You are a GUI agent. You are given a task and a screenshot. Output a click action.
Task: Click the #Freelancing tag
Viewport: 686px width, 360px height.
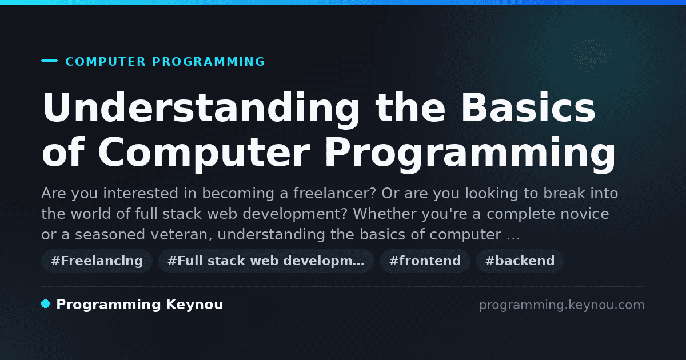click(97, 261)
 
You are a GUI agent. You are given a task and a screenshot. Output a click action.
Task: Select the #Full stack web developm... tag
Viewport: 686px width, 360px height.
click(266, 261)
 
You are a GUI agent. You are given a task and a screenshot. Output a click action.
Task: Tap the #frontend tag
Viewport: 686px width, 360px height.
click(425, 261)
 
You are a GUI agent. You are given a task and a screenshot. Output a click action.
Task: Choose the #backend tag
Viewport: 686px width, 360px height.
click(520, 261)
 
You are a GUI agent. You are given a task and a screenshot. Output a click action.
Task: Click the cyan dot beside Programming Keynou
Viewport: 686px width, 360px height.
click(45, 304)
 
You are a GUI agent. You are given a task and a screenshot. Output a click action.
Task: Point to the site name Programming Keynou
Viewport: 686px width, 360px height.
click(139, 305)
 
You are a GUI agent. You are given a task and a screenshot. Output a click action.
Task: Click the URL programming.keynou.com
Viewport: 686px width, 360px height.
click(562, 305)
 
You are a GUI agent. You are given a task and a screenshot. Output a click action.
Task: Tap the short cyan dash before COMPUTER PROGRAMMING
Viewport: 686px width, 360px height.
click(49, 61)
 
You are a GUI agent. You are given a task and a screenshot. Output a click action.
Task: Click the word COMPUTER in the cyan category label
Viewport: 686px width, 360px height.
click(106, 62)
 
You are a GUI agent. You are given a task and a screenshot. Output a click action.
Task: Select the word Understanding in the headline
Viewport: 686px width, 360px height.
click(201, 109)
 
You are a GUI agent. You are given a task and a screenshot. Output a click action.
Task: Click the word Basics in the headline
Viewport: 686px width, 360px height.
click(529, 107)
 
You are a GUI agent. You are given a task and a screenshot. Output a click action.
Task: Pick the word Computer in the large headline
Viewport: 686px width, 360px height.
click(204, 153)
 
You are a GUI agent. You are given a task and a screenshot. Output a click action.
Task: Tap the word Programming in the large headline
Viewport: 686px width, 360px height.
click(470, 154)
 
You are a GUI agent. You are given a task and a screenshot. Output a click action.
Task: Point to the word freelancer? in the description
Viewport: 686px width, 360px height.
click(334, 194)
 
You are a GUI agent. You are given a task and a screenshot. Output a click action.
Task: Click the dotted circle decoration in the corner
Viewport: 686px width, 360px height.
click(590, 56)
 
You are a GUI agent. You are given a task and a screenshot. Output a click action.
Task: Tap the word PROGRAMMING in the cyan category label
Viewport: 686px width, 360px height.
click(208, 62)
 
